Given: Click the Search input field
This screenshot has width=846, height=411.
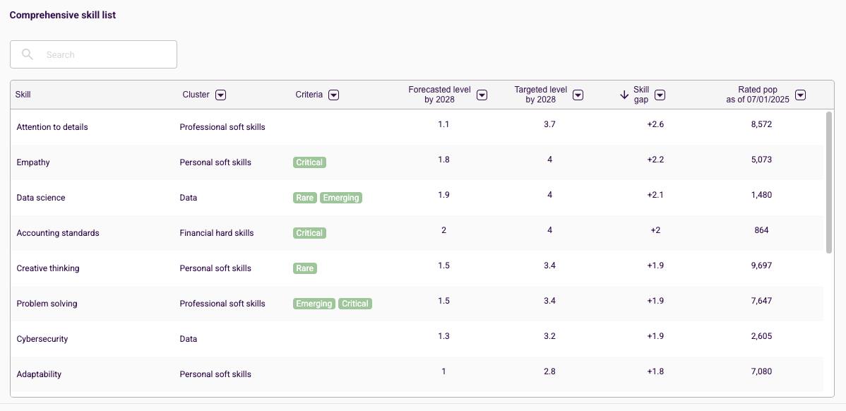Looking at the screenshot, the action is point(93,54).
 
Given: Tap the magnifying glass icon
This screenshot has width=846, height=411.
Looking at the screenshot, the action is point(28,54).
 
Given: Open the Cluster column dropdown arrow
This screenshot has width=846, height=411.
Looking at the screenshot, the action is point(220,95).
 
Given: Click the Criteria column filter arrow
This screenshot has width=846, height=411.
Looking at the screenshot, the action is point(334,95).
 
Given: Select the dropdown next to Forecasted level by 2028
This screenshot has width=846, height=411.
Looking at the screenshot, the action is point(482,95).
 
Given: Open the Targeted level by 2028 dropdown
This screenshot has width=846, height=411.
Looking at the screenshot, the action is point(578,95).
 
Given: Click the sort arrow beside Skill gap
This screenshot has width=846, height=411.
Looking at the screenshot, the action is point(624,95).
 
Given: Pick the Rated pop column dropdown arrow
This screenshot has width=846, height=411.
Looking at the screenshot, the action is point(802,95).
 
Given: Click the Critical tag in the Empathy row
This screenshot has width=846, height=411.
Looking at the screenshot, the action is point(310,162).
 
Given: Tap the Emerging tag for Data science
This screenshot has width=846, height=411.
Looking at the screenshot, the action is point(341,198).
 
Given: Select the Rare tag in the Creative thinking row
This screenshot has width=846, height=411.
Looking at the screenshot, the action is point(305,268).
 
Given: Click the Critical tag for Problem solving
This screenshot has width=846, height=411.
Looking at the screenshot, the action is point(355,304).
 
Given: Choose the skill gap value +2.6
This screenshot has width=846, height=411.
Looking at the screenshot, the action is point(655,124).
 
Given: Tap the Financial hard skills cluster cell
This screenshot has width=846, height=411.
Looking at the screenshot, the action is point(217,233).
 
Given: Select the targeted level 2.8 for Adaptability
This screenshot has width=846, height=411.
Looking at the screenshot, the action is point(550,371).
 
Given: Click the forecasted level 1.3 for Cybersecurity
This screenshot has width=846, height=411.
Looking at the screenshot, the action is point(444,336).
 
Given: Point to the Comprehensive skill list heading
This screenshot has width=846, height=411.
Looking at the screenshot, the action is point(63,15).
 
